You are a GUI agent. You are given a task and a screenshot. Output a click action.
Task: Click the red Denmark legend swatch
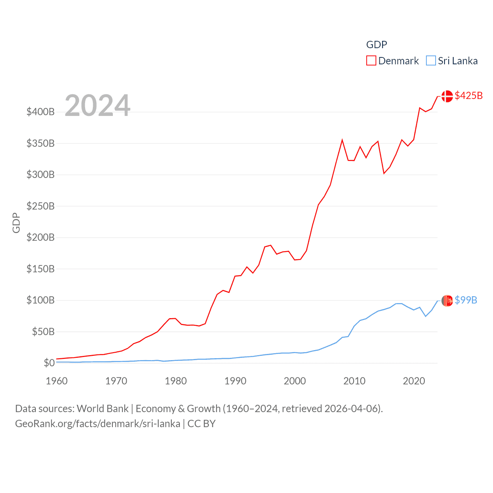[371, 61]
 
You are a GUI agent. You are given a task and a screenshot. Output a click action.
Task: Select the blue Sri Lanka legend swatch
[431, 61]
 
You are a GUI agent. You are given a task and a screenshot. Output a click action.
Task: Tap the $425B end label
[468, 96]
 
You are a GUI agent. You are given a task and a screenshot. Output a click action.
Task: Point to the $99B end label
[466, 300]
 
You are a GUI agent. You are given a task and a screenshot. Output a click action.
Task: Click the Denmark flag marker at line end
[447, 96]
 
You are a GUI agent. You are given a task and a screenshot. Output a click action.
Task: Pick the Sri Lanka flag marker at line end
[447, 300]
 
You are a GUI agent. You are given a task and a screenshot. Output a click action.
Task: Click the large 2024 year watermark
[97, 106]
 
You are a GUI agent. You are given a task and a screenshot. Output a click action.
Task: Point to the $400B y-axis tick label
[40, 112]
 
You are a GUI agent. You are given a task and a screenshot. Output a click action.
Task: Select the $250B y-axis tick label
[40, 206]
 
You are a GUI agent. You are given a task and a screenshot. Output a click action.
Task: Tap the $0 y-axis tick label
[49, 363]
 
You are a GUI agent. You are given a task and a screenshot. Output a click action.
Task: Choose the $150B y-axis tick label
[40, 269]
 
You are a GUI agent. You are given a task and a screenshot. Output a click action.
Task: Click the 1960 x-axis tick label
[57, 381]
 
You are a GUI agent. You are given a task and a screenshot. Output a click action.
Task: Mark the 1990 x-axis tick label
[235, 381]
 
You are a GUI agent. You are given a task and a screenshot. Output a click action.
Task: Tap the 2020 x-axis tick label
[414, 381]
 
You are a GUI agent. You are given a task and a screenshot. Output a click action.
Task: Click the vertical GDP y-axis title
[16, 223]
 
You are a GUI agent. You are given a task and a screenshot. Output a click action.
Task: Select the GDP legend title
[376, 45]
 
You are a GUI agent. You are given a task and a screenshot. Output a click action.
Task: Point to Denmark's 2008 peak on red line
[342, 140]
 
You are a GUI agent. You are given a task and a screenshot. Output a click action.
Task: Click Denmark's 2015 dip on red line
[384, 173]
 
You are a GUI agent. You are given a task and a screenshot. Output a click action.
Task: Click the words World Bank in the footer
[103, 409]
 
